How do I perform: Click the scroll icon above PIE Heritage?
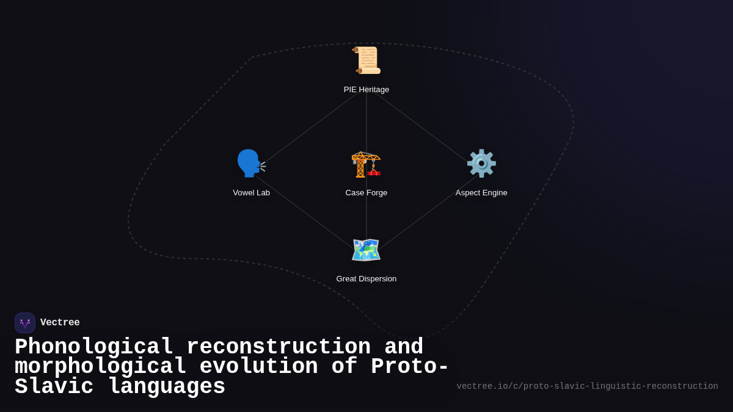366,60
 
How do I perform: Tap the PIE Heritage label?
366,90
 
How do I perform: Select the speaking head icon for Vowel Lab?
251,164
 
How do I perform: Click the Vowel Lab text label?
251,193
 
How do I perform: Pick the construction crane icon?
366,164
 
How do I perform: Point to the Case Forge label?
366,193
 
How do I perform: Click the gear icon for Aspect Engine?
481,164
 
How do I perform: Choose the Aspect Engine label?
481,193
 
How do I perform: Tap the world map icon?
366,250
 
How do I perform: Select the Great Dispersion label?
366,279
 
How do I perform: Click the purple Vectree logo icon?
25,323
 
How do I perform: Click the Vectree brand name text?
60,323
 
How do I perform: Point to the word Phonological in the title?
94,347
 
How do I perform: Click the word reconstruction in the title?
279,347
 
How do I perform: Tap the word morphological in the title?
100,367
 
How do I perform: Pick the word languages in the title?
166,387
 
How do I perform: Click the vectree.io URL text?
587,386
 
